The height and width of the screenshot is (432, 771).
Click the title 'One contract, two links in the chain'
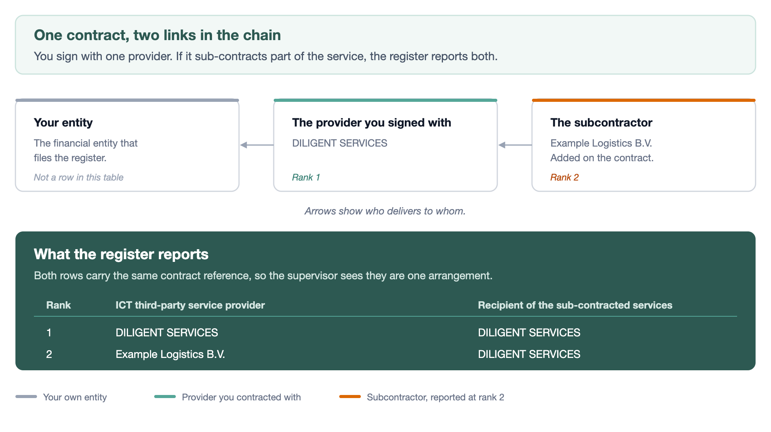point(157,35)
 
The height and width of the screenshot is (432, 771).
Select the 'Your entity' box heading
point(63,123)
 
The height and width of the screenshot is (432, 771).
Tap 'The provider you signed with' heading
point(372,123)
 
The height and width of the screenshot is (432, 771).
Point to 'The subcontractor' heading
point(601,123)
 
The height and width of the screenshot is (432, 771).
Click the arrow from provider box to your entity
point(257,145)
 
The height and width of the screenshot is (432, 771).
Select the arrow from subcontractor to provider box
point(515,145)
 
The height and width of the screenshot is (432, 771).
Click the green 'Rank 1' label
point(306,177)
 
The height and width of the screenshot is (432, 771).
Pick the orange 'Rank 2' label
point(564,177)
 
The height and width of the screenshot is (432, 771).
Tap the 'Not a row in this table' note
point(79,177)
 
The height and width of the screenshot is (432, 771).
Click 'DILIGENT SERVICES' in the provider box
point(340,143)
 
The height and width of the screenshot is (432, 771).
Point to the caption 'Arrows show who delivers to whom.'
point(385,211)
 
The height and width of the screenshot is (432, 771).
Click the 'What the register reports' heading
point(121,254)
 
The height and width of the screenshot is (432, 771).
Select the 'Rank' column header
point(59,305)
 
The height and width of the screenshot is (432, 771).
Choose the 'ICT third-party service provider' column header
point(190,305)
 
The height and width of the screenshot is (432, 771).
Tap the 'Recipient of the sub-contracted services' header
point(575,305)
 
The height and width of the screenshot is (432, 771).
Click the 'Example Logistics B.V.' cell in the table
point(170,354)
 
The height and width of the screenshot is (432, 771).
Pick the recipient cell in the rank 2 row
point(529,354)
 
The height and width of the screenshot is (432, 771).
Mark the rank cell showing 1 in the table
point(49,332)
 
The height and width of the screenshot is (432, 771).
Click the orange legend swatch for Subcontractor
point(350,397)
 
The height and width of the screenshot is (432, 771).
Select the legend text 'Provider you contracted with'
point(241,397)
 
